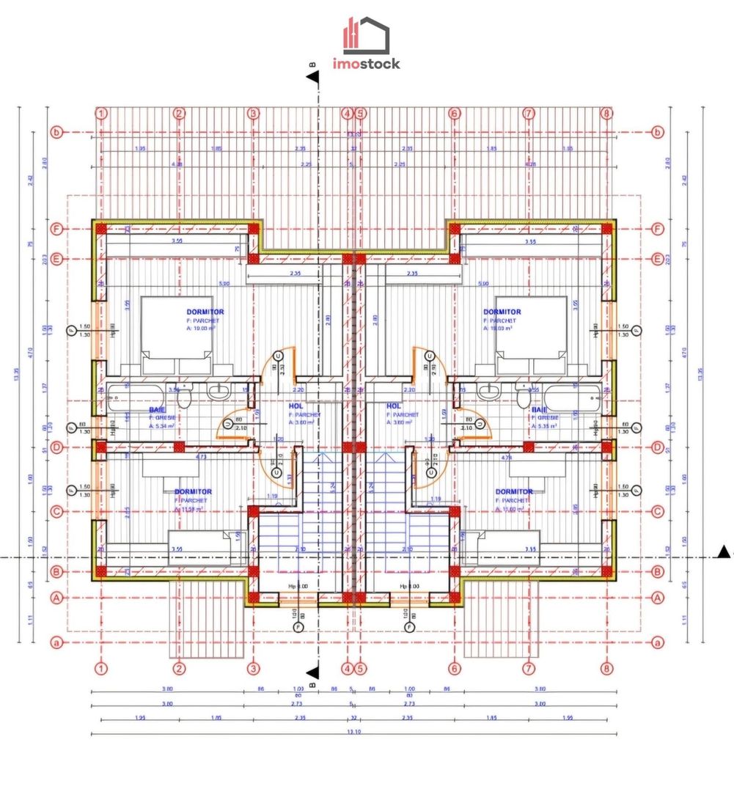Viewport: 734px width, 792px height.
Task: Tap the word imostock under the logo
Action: point(367,64)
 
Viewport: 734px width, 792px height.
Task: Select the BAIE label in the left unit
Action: point(157,410)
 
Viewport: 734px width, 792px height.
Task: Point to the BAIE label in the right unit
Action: point(539,410)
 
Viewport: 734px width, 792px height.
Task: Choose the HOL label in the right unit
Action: point(394,406)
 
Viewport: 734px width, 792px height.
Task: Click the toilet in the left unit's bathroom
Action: point(186,397)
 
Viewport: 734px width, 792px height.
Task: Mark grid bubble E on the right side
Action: point(657,259)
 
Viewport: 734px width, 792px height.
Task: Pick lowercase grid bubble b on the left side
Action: point(55,133)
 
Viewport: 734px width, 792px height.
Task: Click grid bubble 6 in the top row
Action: point(455,114)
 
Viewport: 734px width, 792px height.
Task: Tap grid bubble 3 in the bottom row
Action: point(254,668)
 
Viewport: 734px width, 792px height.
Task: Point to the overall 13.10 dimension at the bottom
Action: point(353,731)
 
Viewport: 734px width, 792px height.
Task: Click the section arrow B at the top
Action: point(314,77)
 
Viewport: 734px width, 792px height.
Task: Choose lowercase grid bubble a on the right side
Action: point(657,642)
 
